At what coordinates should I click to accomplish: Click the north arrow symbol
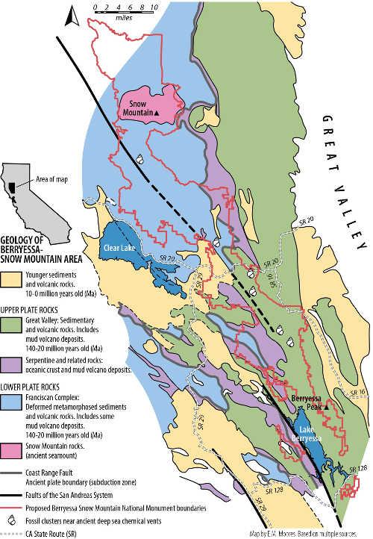point(72,12)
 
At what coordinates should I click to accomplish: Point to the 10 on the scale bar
point(154,6)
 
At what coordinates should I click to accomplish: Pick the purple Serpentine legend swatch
point(11,363)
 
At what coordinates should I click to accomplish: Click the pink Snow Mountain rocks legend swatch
point(11,452)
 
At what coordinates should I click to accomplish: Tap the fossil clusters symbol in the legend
point(10,514)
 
